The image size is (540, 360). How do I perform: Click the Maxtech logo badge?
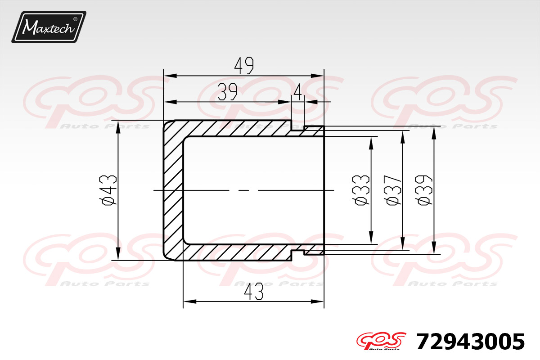pos(49,27)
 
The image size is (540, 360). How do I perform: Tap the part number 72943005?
pos(470,342)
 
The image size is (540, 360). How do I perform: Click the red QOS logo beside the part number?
pos(381,341)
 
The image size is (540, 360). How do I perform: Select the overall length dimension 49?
pos(244,65)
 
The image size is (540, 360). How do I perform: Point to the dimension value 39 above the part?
pos(227,92)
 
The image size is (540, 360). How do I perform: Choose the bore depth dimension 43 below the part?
pos(254,292)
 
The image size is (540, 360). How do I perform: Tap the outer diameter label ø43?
pos(108,190)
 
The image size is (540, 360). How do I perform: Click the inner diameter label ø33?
pos(360,190)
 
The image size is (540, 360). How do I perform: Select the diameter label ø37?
pos(392,190)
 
